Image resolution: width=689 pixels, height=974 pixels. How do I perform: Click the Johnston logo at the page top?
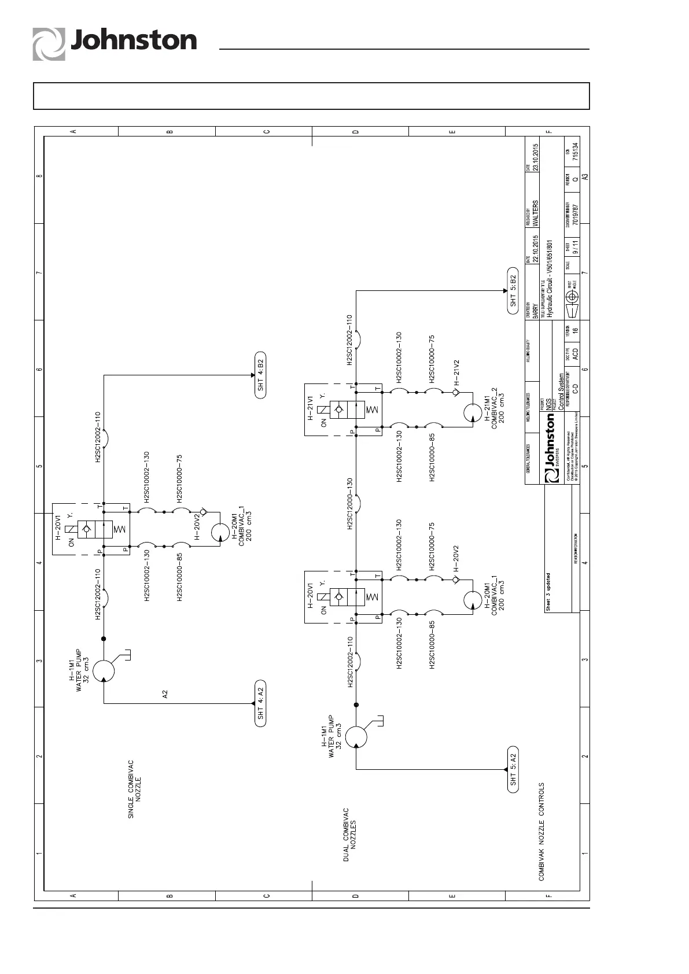(115, 42)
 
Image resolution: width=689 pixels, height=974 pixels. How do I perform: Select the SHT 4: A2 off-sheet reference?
(260, 703)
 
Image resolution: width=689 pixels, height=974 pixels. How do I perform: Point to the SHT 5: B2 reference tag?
(513, 291)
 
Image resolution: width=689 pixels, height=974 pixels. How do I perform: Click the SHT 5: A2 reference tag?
(513, 769)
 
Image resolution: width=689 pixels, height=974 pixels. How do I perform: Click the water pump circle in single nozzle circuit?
(104, 670)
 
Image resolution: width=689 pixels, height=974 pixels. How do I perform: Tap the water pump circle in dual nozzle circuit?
(356, 736)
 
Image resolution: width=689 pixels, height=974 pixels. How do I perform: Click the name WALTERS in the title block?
(535, 213)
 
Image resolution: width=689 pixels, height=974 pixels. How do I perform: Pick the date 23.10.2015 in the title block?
(536, 157)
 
